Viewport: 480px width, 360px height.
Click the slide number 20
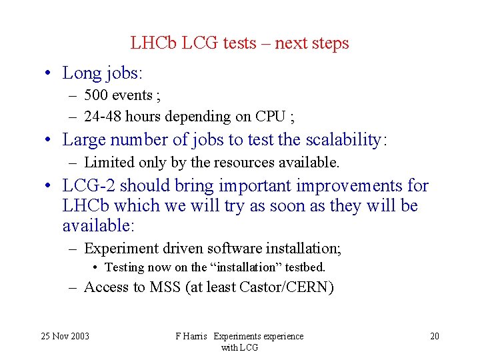pos(435,336)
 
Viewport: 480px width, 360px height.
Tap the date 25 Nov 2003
pos(64,336)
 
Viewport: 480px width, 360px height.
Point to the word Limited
pos(107,162)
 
